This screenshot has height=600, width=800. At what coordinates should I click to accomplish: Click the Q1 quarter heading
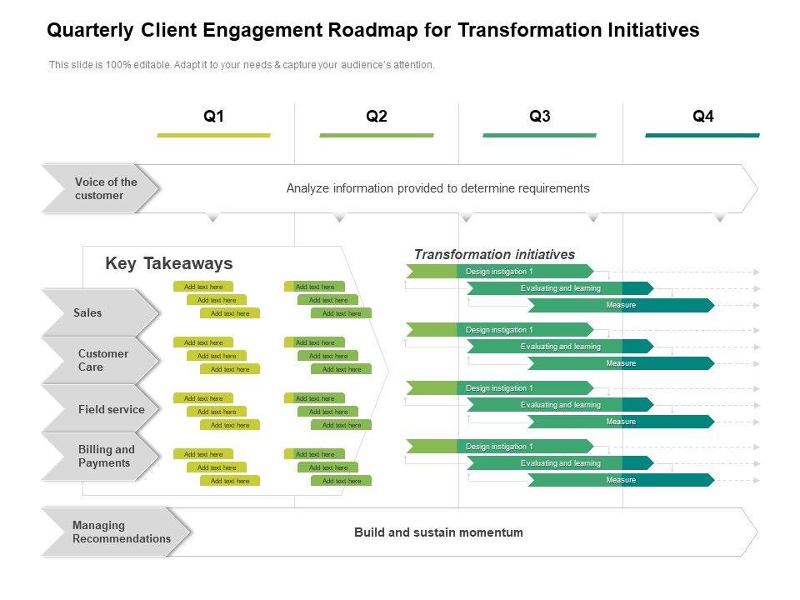click(x=214, y=117)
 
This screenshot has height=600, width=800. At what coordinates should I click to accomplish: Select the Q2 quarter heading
click(x=377, y=117)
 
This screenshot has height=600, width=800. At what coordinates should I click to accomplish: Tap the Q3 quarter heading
click(x=540, y=117)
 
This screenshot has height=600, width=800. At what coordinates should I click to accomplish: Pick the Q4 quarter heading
click(x=703, y=117)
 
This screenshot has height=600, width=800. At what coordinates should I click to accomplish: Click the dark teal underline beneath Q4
click(x=702, y=135)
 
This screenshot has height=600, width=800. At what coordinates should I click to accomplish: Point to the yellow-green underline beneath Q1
click(x=214, y=135)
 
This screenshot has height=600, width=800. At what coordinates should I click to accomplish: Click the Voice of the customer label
click(x=106, y=188)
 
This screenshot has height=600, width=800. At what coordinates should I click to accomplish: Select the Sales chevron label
click(x=87, y=312)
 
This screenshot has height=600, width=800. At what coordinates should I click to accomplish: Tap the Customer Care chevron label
click(x=103, y=360)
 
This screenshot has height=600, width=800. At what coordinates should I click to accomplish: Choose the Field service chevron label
click(x=112, y=409)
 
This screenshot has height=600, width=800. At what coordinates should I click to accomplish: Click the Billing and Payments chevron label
click(x=107, y=456)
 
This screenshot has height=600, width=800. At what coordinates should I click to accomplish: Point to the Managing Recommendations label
click(x=122, y=532)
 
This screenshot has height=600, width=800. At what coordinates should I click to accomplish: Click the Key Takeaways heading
click(x=169, y=263)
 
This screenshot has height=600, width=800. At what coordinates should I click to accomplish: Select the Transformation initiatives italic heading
click(x=494, y=254)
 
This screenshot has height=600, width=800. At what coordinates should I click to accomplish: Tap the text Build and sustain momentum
click(x=438, y=532)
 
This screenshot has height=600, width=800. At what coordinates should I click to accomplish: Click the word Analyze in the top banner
click(x=307, y=188)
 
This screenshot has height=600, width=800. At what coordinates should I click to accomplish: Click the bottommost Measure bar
click(x=621, y=480)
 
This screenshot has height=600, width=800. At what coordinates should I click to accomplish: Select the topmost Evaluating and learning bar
click(x=560, y=288)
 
